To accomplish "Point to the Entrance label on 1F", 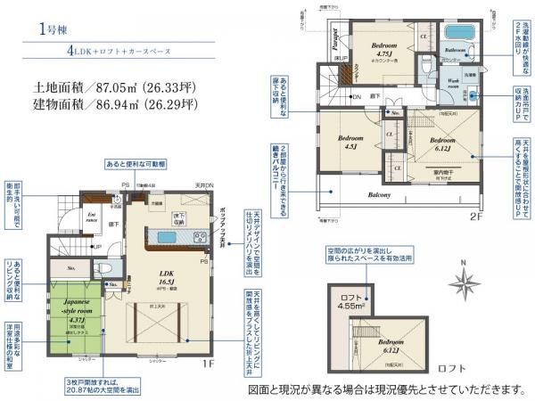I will (91, 217).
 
